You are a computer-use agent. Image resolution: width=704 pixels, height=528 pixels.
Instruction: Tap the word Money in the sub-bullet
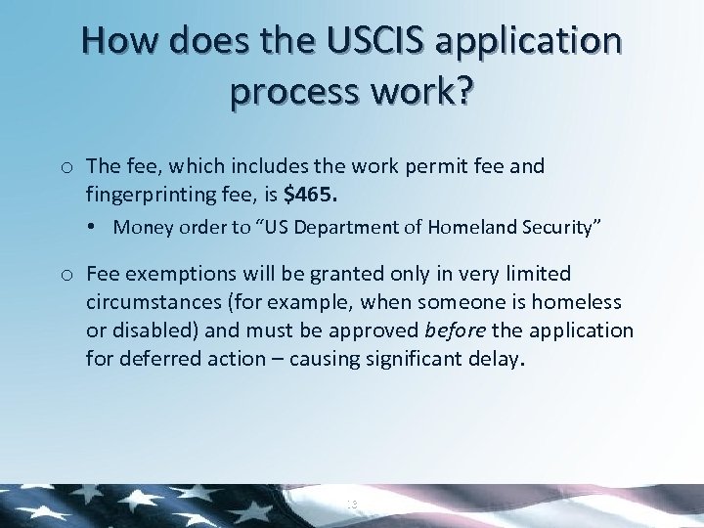[140, 228]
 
